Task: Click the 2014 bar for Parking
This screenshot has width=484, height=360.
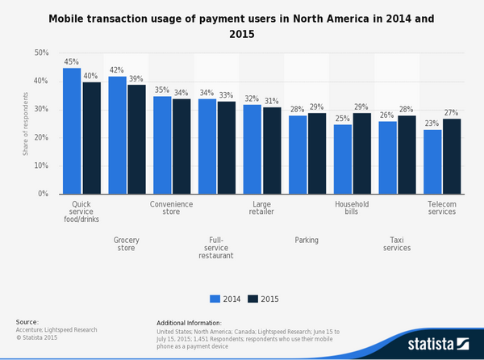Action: click(298, 154)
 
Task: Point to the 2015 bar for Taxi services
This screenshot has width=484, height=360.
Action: click(407, 154)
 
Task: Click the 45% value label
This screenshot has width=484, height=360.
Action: click(72, 62)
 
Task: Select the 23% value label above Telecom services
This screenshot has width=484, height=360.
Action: click(432, 124)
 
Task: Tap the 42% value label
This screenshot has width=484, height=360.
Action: click(117, 70)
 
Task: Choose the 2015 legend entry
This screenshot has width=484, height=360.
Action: click(264, 298)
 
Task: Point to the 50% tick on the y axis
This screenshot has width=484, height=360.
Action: click(41, 53)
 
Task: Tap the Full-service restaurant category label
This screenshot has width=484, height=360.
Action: click(216, 247)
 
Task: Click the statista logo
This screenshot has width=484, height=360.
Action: click(436, 344)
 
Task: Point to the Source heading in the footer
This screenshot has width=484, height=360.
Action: click(27, 322)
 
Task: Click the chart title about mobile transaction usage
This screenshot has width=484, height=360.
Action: click(242, 25)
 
